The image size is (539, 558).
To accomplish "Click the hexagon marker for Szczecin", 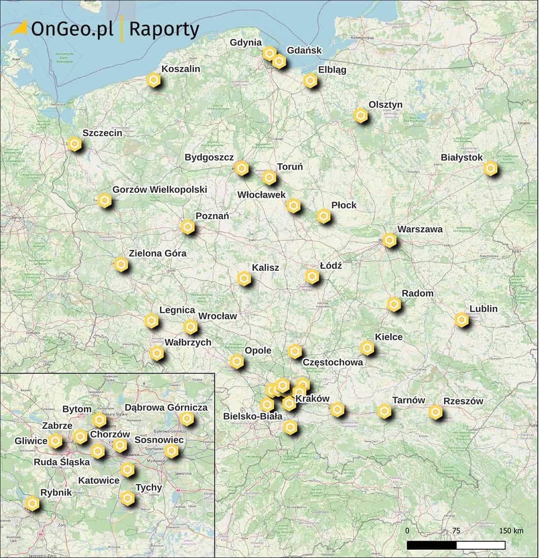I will coord(74,144).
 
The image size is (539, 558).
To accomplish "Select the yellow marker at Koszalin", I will coord(154,80).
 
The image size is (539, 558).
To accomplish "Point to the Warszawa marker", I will coord(389,240).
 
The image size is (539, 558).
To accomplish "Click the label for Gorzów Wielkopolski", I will coord(160,189).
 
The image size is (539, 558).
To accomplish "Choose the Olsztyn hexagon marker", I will coord(361,116).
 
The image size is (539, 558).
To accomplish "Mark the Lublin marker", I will coord(461,320).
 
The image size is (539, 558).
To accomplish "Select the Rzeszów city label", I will coord(463,401).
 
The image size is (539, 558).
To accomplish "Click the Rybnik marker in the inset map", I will coord(32,503).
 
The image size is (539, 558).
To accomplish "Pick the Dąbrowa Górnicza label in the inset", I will coord(166,408).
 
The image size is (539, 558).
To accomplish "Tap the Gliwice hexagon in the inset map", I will coord(56,441).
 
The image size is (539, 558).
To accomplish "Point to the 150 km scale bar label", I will coord(511,531).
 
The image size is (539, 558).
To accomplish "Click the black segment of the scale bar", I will coord(432,545).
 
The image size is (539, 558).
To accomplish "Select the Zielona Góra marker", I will coord(121,264).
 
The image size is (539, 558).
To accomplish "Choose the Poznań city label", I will coord(212,216).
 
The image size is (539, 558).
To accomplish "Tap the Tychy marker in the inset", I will coord(128,499).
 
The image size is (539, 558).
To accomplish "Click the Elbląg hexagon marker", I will coord(310,81).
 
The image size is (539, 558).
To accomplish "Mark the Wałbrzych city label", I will coord(188,342).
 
